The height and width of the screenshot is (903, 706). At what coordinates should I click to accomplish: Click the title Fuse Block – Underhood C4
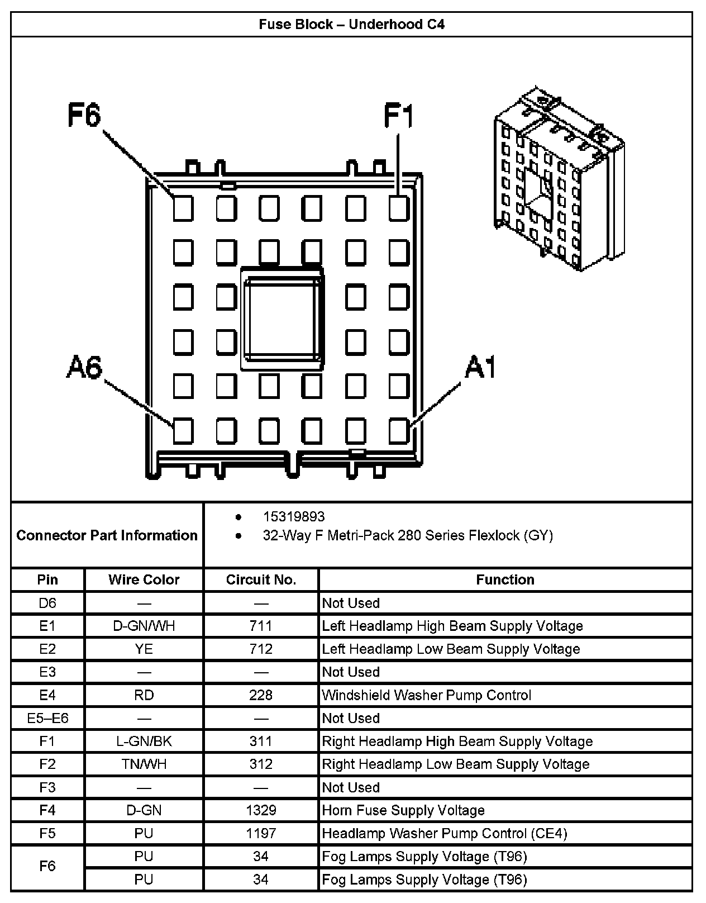click(x=351, y=25)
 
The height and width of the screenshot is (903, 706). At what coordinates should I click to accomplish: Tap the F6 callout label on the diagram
click(x=84, y=116)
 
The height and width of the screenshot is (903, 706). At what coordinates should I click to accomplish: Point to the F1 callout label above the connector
click(x=399, y=116)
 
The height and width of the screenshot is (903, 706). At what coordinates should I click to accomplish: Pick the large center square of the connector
click(x=283, y=318)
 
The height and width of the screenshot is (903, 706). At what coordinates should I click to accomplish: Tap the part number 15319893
click(x=294, y=516)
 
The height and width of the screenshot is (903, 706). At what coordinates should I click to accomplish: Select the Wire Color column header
click(x=144, y=579)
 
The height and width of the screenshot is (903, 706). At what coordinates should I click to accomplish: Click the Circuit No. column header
click(x=261, y=579)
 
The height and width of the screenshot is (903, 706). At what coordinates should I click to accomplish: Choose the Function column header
click(x=505, y=579)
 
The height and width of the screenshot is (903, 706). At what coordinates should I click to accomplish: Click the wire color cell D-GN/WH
click(x=144, y=626)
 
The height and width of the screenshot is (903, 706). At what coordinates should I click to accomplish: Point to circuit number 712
click(x=261, y=649)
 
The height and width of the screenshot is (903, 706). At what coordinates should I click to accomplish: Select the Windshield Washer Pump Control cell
click(x=427, y=695)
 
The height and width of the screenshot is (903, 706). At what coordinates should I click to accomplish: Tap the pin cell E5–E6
click(x=47, y=718)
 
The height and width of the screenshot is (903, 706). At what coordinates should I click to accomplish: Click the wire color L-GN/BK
click(x=144, y=742)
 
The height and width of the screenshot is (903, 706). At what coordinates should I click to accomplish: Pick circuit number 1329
click(x=261, y=810)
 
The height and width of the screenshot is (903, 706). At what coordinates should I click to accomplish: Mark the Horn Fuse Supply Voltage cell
click(x=403, y=810)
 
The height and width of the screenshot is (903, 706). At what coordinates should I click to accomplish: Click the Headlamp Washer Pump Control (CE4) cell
click(x=445, y=833)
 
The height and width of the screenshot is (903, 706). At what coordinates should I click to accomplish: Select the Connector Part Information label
click(x=107, y=535)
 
